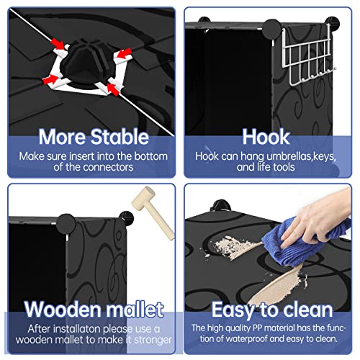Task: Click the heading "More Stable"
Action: coord(94,137)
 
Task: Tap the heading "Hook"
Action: coord(266,137)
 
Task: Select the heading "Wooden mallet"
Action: coord(94,309)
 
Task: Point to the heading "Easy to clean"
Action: coord(272,310)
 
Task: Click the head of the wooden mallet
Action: coord(143,197)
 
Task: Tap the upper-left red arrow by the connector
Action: coord(58,44)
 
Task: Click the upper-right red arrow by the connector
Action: coord(123,53)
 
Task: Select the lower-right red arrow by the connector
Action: coord(113,89)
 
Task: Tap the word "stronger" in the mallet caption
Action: coord(153,341)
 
